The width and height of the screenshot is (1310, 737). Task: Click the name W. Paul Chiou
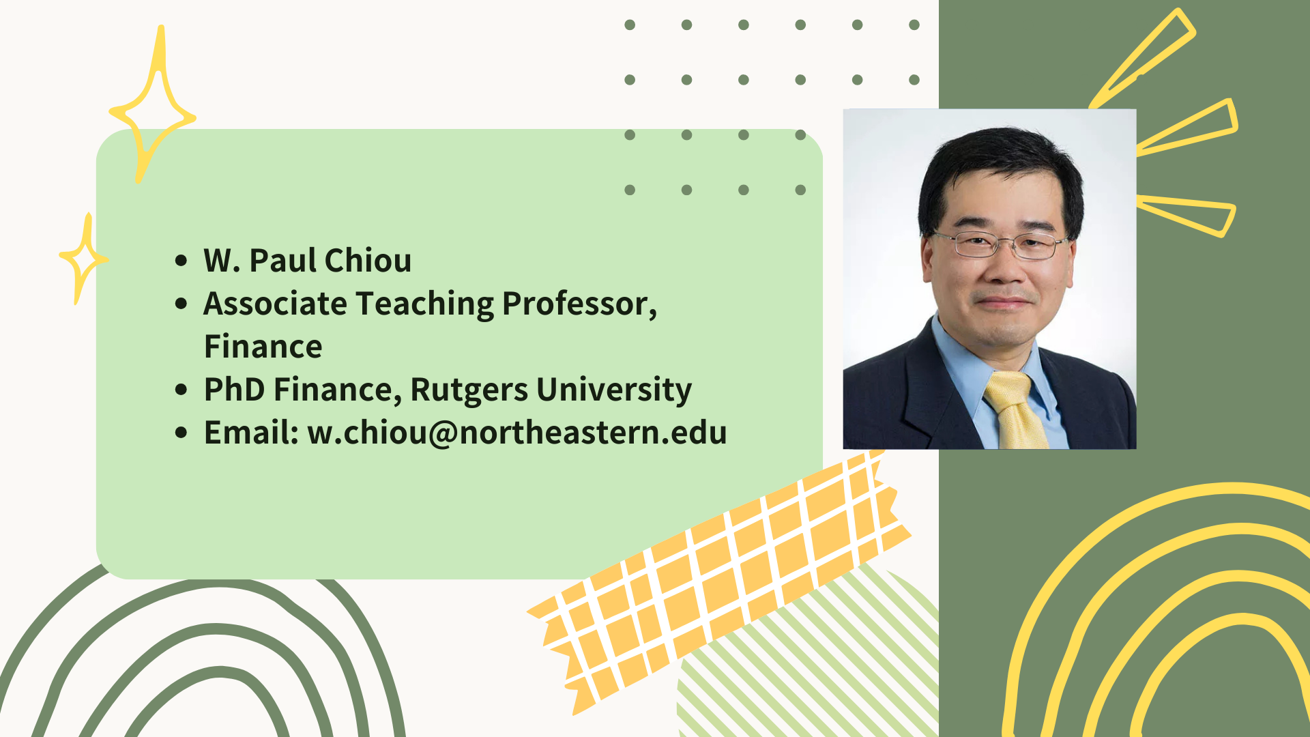point(308,261)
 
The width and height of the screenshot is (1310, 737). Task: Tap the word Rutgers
point(469,390)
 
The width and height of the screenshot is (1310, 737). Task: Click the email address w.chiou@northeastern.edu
point(517,433)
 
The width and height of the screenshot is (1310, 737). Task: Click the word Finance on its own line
point(263,347)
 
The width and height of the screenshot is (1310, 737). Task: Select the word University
point(614,390)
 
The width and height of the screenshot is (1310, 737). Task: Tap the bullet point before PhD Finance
point(181,390)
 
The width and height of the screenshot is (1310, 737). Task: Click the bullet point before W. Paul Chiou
point(181,260)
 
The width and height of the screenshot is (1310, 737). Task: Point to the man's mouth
point(1004,301)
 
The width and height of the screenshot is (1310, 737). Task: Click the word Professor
point(579,304)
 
